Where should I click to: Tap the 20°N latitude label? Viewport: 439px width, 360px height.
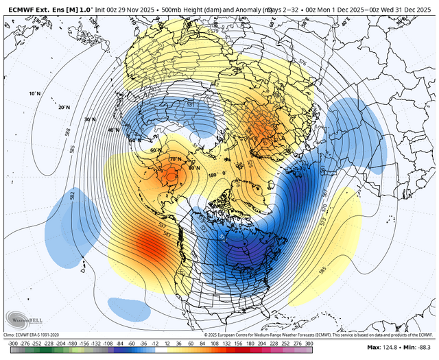coord(64,107)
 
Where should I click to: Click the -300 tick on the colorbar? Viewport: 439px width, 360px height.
coord(12,343)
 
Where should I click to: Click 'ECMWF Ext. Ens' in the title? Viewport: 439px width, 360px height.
coord(34,6)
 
